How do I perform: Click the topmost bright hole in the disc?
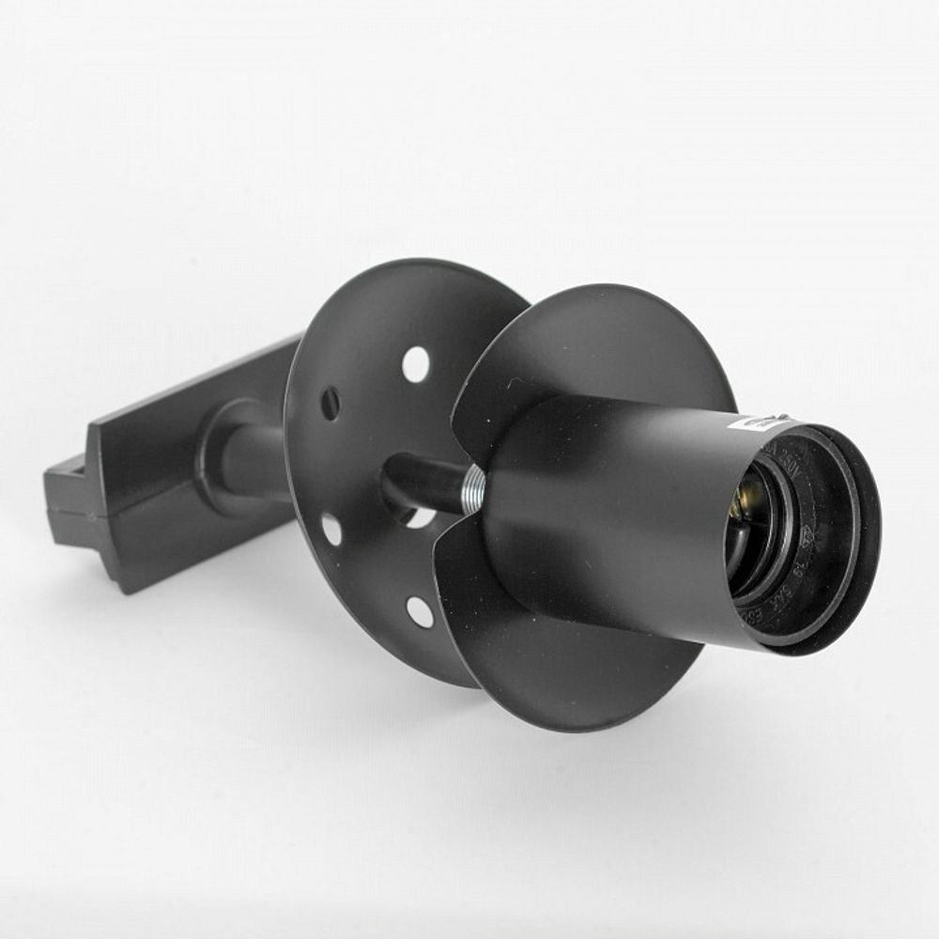(x=416, y=364)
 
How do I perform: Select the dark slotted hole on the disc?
(x=331, y=404)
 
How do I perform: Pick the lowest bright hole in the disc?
(x=420, y=611)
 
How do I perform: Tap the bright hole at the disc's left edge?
(x=332, y=529)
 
